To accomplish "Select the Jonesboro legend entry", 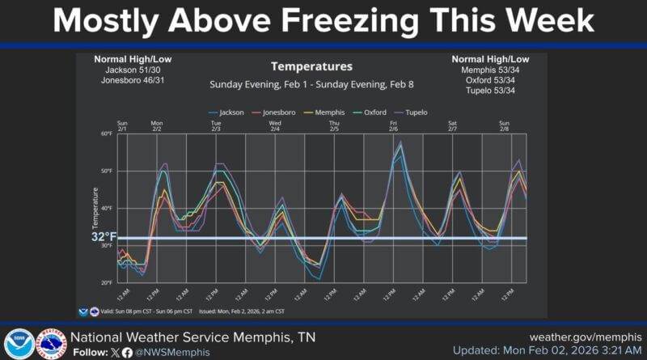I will (275, 112).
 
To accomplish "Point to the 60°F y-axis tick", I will (107, 133).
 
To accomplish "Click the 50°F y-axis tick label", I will (107, 171).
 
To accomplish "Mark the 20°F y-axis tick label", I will (107, 283).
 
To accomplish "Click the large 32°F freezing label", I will (104, 238).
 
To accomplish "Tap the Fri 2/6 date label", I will (393, 126).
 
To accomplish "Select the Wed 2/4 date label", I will (275, 126).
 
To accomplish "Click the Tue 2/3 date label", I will (216, 126).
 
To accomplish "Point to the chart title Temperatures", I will (311, 66).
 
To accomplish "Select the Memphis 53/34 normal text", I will (491, 70).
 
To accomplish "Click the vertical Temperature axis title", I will (95, 208).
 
